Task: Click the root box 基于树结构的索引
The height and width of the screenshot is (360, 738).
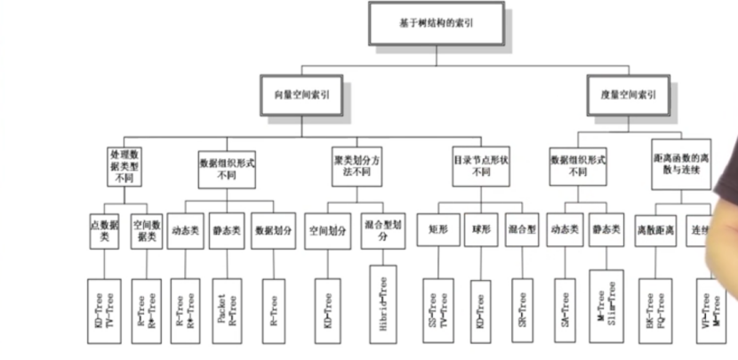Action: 436,23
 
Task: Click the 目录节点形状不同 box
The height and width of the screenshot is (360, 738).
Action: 471,165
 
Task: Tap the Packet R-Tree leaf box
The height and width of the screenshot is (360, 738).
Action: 228,307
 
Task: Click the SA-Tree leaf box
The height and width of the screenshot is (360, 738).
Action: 562,307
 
